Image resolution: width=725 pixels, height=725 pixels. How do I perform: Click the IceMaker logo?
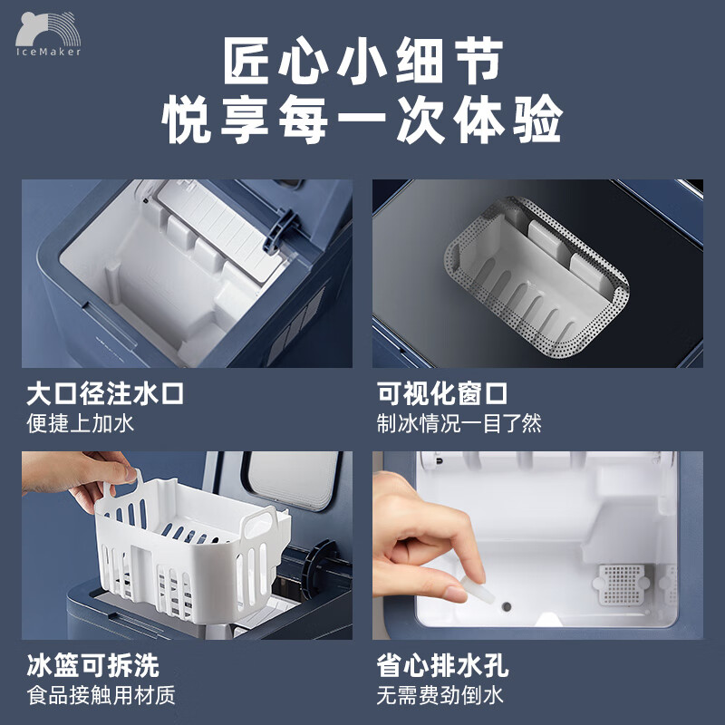[48, 34]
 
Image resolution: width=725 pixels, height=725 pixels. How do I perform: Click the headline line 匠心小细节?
[362, 61]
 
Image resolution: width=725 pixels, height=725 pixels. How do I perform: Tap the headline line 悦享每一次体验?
[362, 120]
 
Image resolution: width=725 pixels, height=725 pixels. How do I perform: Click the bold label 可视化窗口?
[442, 395]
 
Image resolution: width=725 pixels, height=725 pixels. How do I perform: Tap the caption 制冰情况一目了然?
[459, 423]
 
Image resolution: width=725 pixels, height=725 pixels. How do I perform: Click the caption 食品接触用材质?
[100, 695]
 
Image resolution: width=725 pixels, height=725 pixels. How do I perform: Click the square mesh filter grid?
[624, 584]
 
